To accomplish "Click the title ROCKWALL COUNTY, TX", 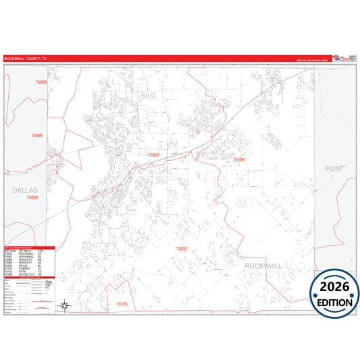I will tap(26, 59).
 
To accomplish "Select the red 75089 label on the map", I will tap(36, 136).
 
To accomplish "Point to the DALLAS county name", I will tap(26, 190).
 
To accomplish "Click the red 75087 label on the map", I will tap(154, 155).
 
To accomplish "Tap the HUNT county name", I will tap(334, 168).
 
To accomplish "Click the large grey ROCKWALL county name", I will tap(263, 267).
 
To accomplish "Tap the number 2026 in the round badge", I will tap(335, 286).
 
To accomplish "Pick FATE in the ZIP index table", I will tap(24, 272).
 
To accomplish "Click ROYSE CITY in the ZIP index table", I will tap(28, 276).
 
